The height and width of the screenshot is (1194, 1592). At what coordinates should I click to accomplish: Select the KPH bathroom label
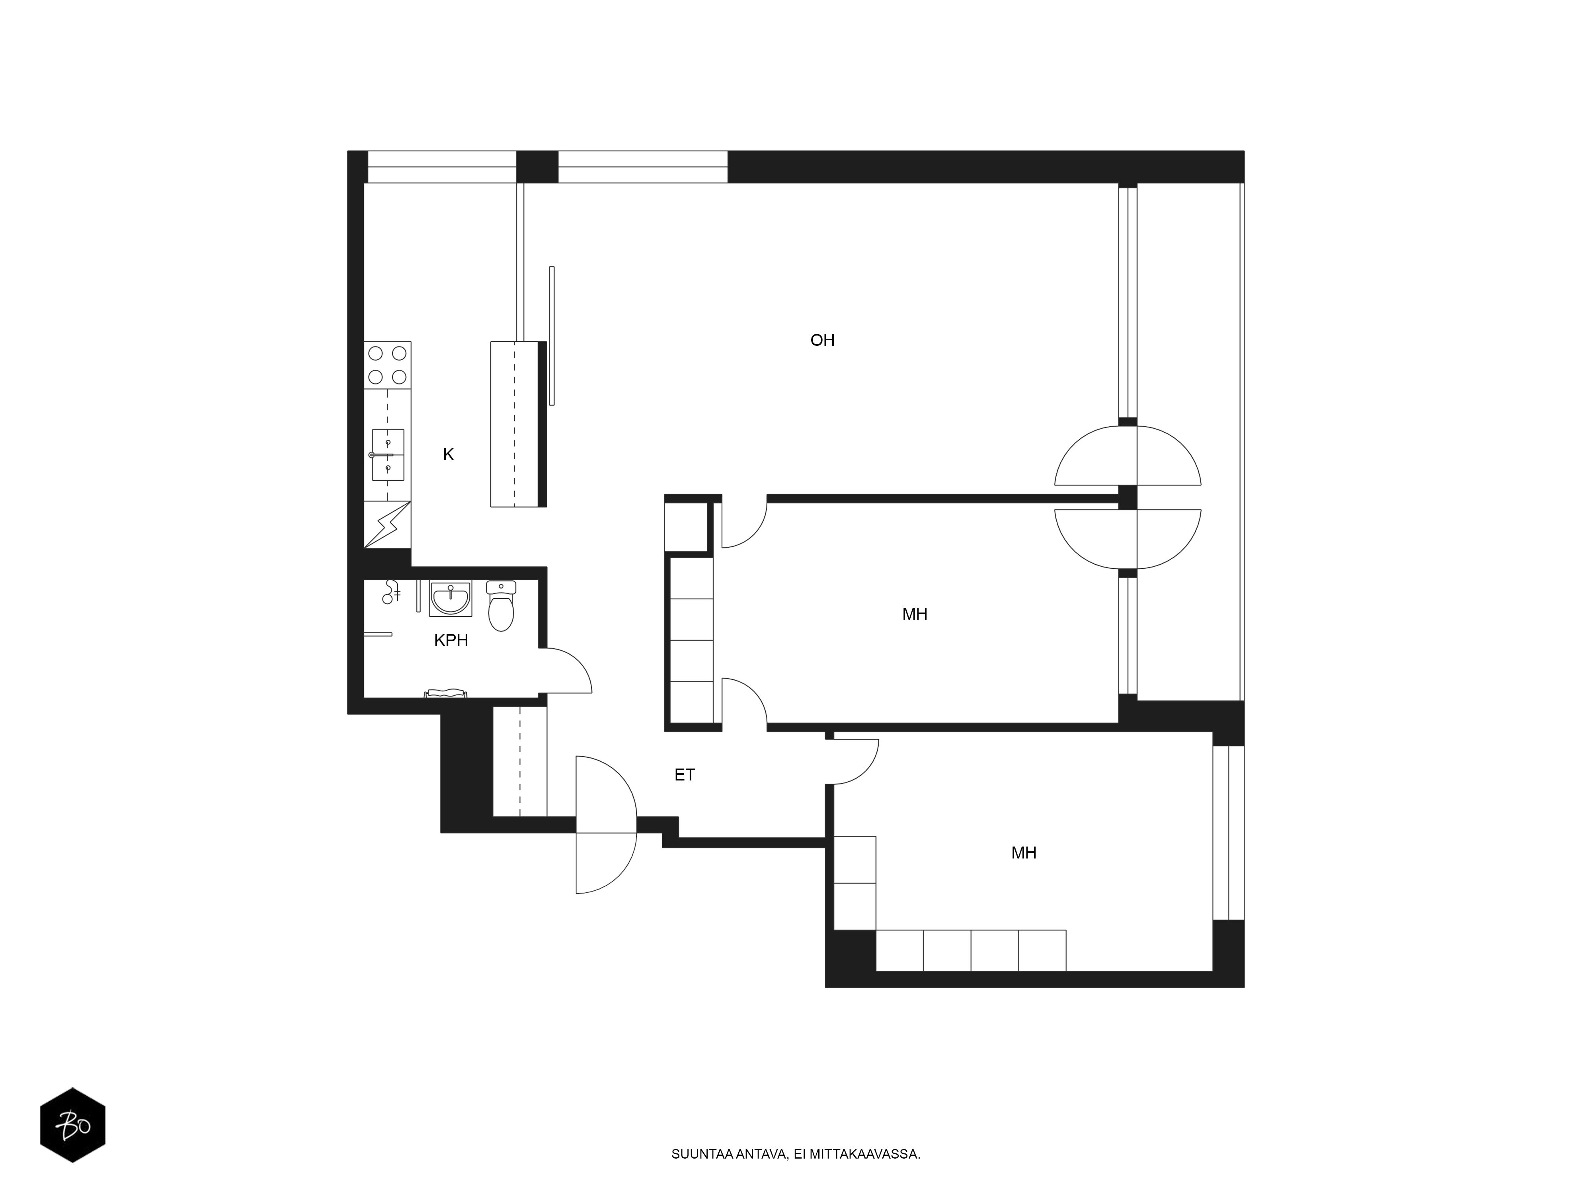(x=451, y=640)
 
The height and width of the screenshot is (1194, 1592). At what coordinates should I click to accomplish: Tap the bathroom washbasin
(x=451, y=599)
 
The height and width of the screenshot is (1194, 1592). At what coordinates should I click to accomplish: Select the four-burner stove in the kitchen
(x=387, y=365)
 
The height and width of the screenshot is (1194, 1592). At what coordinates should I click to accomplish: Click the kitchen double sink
(x=388, y=455)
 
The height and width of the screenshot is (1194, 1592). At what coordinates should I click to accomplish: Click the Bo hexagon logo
(x=73, y=1125)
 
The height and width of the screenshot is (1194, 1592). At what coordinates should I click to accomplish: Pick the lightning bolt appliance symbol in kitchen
(x=387, y=525)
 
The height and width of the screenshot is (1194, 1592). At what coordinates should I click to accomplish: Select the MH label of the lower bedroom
(x=1023, y=853)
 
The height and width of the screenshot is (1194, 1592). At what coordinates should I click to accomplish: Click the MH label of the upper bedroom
(x=915, y=614)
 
